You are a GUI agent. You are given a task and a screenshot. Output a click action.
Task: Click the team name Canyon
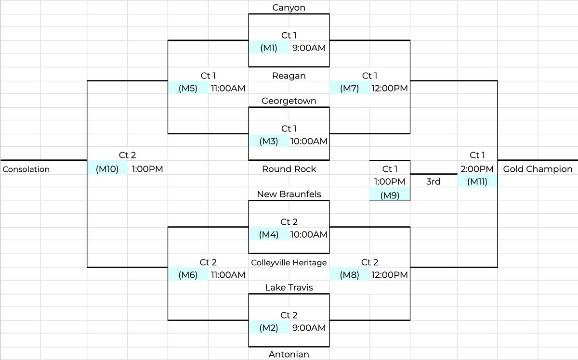click(289, 8)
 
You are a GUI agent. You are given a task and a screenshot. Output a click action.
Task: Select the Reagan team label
click(289, 76)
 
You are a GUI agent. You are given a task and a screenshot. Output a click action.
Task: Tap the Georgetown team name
click(289, 101)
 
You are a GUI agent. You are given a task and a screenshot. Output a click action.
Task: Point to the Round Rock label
click(289, 169)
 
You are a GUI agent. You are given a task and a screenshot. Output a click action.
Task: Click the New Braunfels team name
click(289, 194)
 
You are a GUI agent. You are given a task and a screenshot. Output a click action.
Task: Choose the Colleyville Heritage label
click(289, 262)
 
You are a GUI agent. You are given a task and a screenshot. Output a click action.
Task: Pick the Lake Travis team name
click(289, 287)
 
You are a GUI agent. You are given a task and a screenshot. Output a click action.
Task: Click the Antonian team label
click(289, 355)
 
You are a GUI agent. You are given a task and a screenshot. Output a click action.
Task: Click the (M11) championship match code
click(477, 181)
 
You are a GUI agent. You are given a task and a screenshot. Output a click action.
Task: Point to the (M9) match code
click(389, 195)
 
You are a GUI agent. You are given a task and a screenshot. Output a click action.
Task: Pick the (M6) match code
click(188, 275)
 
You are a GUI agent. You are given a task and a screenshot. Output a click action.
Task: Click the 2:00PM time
click(477, 169)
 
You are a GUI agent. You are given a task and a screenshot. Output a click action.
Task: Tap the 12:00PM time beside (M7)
click(389, 88)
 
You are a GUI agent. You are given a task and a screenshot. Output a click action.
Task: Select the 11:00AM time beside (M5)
click(228, 88)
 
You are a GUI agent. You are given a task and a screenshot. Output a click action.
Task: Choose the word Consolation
click(26, 169)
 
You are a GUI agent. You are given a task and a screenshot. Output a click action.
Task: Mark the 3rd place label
click(433, 181)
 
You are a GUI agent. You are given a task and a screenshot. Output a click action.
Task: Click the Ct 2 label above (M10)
click(127, 155)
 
